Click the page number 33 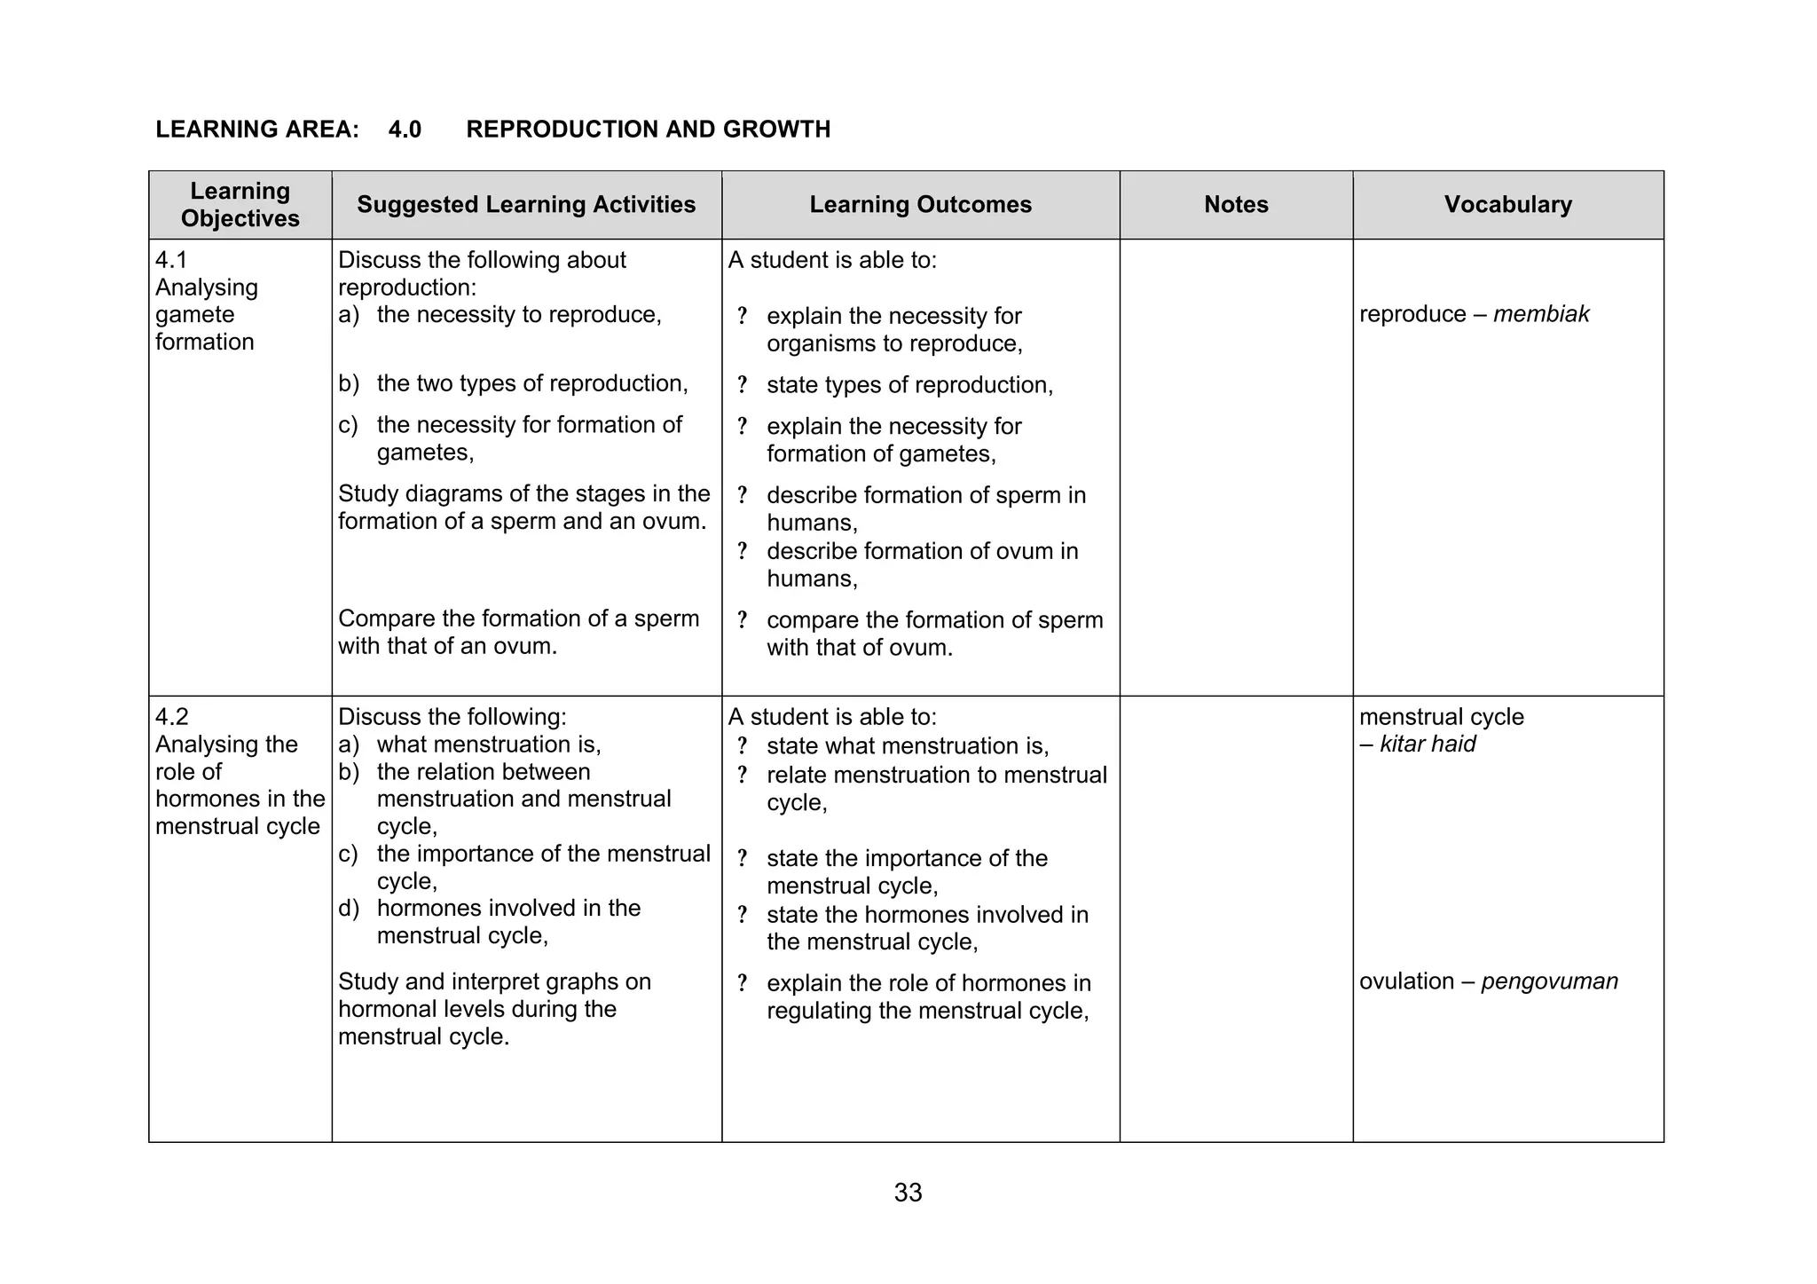click(x=908, y=1193)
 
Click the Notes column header click(x=1236, y=205)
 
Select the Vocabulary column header click(x=1507, y=205)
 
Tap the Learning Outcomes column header click(x=920, y=205)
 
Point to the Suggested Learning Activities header click(x=526, y=205)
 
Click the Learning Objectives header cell click(x=240, y=205)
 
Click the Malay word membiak click(x=1541, y=314)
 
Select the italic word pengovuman click(x=1549, y=981)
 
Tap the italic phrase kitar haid click(x=1428, y=744)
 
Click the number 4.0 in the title click(x=405, y=130)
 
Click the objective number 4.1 click(x=171, y=260)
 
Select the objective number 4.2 click(x=172, y=717)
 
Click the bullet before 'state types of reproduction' click(x=742, y=385)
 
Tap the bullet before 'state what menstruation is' click(x=742, y=746)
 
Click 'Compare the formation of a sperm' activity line click(x=518, y=618)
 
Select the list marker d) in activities click(x=348, y=909)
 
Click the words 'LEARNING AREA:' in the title click(x=257, y=130)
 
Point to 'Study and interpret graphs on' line click(x=494, y=981)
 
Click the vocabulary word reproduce click(x=1412, y=314)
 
